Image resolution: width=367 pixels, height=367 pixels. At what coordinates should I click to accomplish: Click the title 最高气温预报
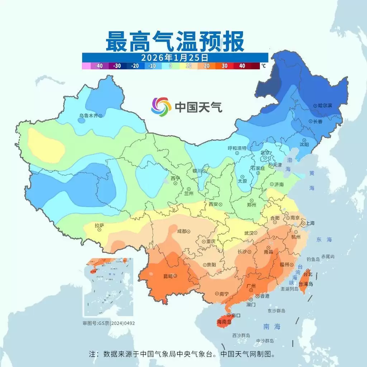(175, 42)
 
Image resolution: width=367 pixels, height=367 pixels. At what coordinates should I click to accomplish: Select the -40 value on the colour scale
(99, 66)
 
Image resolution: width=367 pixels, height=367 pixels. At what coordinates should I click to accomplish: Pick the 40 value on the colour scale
(242, 66)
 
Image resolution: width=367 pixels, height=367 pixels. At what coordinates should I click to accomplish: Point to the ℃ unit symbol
(263, 66)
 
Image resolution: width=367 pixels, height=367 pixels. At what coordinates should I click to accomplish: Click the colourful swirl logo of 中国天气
(161, 106)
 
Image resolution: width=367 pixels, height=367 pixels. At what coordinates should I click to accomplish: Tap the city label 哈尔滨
(325, 106)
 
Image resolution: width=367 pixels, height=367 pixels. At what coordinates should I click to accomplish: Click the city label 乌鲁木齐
(89, 116)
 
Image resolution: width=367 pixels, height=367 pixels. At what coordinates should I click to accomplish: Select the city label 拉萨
(99, 226)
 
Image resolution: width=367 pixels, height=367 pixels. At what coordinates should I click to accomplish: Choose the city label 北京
(265, 153)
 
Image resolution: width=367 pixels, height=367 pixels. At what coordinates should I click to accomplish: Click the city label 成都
(182, 232)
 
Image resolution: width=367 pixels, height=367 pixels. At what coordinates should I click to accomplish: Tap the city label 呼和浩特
(237, 148)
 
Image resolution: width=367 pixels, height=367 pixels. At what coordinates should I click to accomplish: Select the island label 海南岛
(224, 322)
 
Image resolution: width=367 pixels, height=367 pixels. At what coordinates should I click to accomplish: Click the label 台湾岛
(306, 284)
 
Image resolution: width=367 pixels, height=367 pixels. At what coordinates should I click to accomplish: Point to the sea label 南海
(272, 327)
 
